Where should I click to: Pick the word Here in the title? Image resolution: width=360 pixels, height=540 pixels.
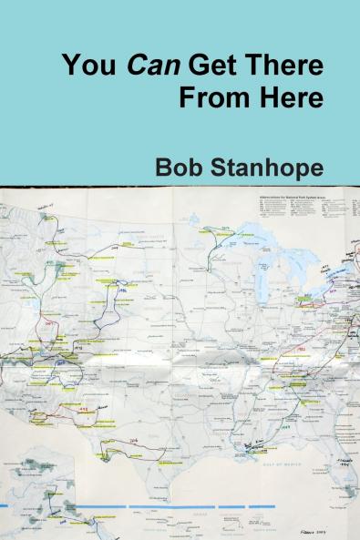pos(290,98)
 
